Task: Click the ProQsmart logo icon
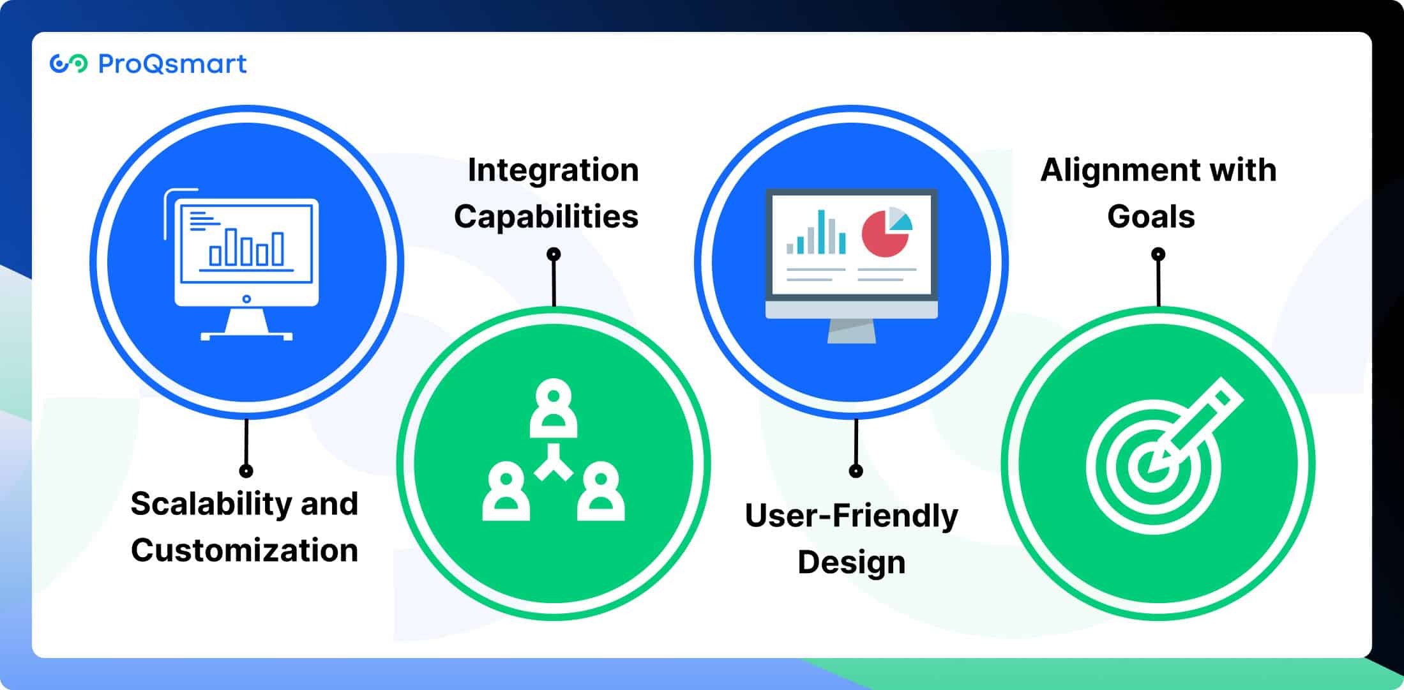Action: (68, 64)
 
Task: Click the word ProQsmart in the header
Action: (172, 64)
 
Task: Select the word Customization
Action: (245, 550)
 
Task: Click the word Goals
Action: (1151, 217)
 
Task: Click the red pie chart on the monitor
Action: (886, 234)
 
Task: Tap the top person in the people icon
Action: (554, 408)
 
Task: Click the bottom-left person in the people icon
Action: (506, 491)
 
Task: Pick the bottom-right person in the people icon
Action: (601, 491)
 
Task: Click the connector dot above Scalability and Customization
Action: (246, 471)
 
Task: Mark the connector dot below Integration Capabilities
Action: (554, 254)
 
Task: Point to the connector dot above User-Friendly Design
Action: (856, 471)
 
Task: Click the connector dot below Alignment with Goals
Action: (1158, 254)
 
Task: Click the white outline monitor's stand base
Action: (246, 336)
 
